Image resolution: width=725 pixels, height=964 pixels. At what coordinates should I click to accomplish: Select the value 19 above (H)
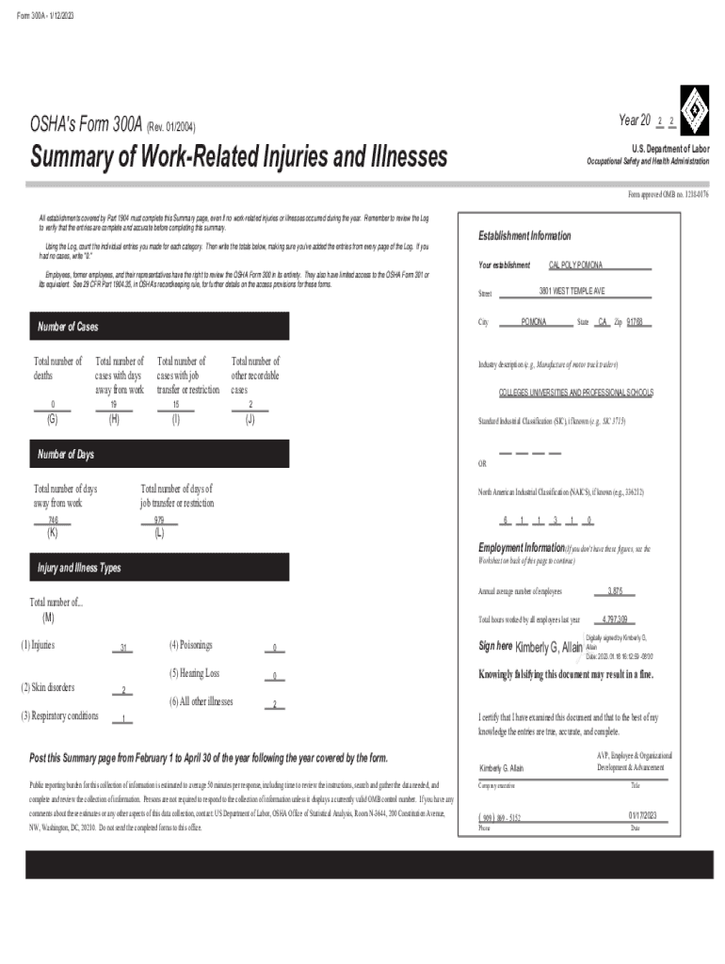point(114,405)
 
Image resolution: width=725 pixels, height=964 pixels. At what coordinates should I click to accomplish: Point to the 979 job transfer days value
point(159,520)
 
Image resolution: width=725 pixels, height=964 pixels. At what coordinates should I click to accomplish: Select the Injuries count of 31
point(123,648)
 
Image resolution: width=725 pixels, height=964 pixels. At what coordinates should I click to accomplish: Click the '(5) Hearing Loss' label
point(195,673)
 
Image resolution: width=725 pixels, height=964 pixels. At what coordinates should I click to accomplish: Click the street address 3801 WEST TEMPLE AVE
point(572,290)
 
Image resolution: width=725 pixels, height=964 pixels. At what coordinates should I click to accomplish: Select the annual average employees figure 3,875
point(615,591)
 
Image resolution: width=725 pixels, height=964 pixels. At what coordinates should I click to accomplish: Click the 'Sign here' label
point(495,646)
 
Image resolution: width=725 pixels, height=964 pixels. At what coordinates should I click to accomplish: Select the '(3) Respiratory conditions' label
point(58,716)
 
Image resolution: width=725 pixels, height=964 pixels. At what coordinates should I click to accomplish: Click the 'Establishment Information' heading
point(525,235)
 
